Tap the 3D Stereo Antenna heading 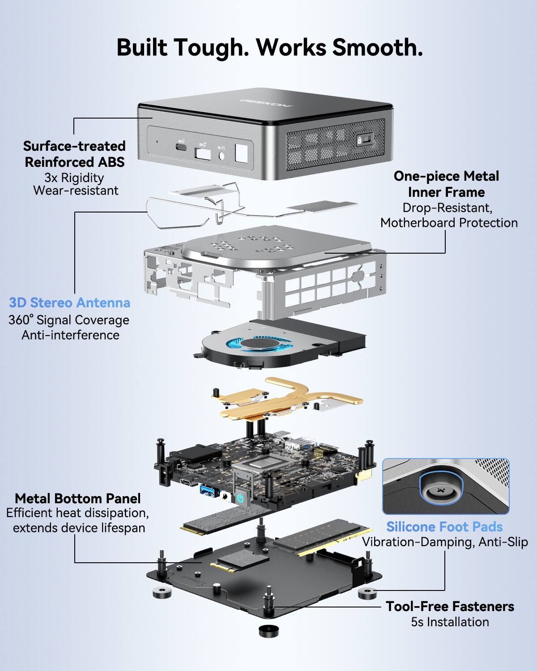pos(70,303)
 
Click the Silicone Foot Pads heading pos(444,527)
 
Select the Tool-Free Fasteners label pos(450,607)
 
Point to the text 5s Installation pos(450,622)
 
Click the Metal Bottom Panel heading pos(77,498)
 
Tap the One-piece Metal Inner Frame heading pos(446,184)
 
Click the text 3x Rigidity pos(74,178)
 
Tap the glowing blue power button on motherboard pos(240,497)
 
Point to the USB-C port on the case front pos(181,146)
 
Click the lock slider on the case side pos(363,140)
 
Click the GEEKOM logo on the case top pos(265,102)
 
